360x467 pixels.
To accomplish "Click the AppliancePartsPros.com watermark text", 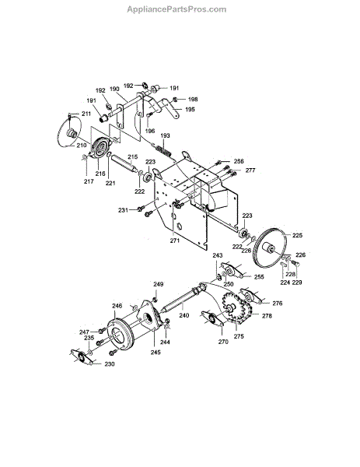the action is click(177, 9).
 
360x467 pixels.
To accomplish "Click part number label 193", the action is click(165, 135).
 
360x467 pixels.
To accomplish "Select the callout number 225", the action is click(297, 235).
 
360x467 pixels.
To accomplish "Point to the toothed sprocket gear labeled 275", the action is click(237, 308).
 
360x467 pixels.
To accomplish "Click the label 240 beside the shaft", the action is click(184, 315).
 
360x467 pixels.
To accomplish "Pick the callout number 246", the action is click(117, 306).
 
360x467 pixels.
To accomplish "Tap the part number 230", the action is click(109, 364).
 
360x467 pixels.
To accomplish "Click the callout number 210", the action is click(81, 146).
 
